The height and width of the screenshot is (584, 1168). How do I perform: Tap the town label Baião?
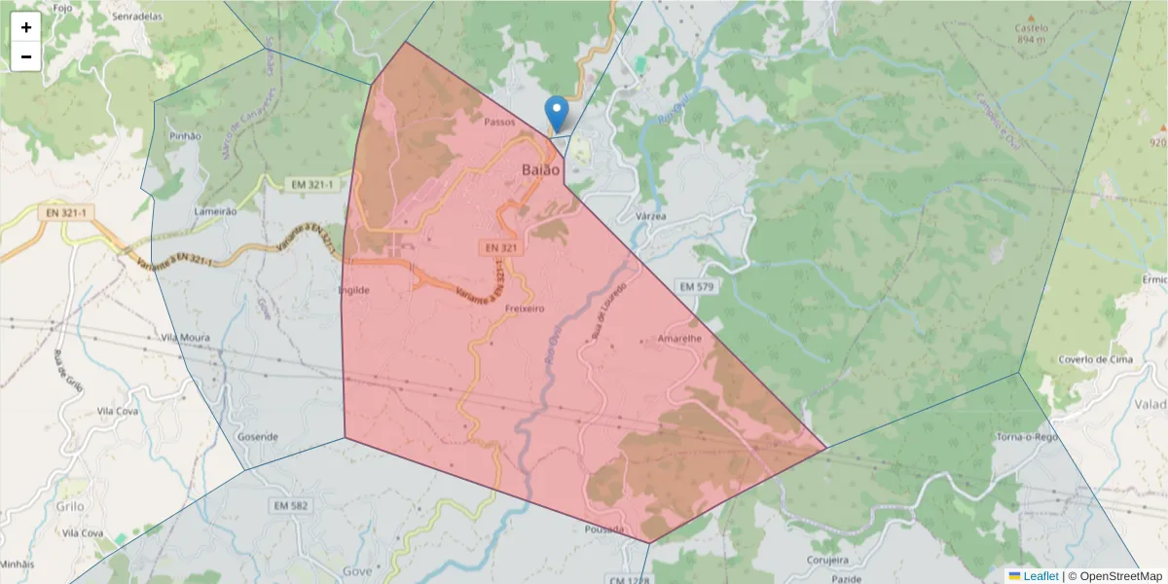[x=539, y=169]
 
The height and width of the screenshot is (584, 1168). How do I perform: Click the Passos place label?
[x=498, y=123]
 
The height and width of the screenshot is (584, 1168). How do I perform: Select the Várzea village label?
[x=650, y=216]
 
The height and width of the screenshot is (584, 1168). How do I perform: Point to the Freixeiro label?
[x=525, y=309]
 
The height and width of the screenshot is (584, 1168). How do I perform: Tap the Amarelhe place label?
[x=679, y=339]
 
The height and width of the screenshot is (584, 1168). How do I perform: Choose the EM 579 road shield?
[x=697, y=286]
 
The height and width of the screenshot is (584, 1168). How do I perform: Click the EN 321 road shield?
[x=501, y=249]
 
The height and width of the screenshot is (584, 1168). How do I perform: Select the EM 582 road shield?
[x=291, y=506]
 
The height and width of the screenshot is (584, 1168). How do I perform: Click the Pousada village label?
[x=605, y=529]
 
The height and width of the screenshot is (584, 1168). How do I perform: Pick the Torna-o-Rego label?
[x=1026, y=438]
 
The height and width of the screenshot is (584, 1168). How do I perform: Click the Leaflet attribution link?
[x=1040, y=576]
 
